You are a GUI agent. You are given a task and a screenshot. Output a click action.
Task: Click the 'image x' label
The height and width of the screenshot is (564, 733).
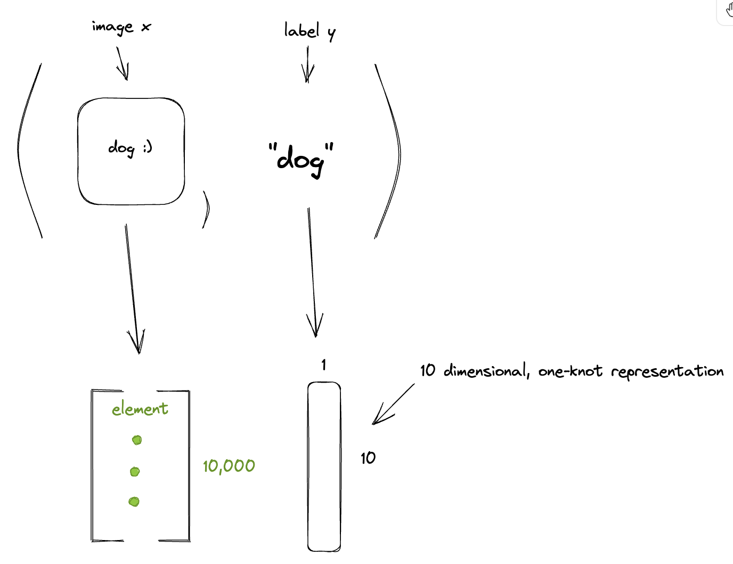121,27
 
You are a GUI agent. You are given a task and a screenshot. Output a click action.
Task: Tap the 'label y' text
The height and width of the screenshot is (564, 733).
309,31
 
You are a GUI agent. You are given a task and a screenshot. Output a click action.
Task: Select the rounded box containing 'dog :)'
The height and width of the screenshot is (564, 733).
131,151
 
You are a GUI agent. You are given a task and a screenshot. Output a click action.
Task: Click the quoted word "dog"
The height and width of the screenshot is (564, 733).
300,158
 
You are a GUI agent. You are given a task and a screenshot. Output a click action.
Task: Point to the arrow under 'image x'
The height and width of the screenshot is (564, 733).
123,64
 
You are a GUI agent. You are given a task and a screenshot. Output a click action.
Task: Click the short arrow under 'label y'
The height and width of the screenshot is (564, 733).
307,65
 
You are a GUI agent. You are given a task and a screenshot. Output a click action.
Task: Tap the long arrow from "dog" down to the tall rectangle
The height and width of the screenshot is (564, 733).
312,271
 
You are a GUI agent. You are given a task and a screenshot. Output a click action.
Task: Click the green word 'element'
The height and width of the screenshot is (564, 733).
140,409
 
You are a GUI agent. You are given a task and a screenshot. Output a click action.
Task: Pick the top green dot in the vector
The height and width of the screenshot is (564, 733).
137,440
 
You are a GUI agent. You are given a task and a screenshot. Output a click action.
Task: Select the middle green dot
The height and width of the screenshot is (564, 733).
135,471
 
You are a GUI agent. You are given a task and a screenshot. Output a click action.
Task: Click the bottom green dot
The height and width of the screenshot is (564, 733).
134,501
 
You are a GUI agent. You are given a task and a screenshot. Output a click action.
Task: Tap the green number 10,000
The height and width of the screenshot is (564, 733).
229,466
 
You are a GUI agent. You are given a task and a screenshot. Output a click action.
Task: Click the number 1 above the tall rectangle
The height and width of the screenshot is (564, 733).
323,365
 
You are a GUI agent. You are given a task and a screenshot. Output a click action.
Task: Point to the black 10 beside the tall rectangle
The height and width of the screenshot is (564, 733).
368,458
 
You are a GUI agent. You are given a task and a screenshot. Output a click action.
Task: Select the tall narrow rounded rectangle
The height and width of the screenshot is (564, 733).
324,467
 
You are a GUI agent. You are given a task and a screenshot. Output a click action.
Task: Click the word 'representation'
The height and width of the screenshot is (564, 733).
667,371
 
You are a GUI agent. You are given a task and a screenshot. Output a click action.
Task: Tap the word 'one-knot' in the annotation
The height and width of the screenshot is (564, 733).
570,371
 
